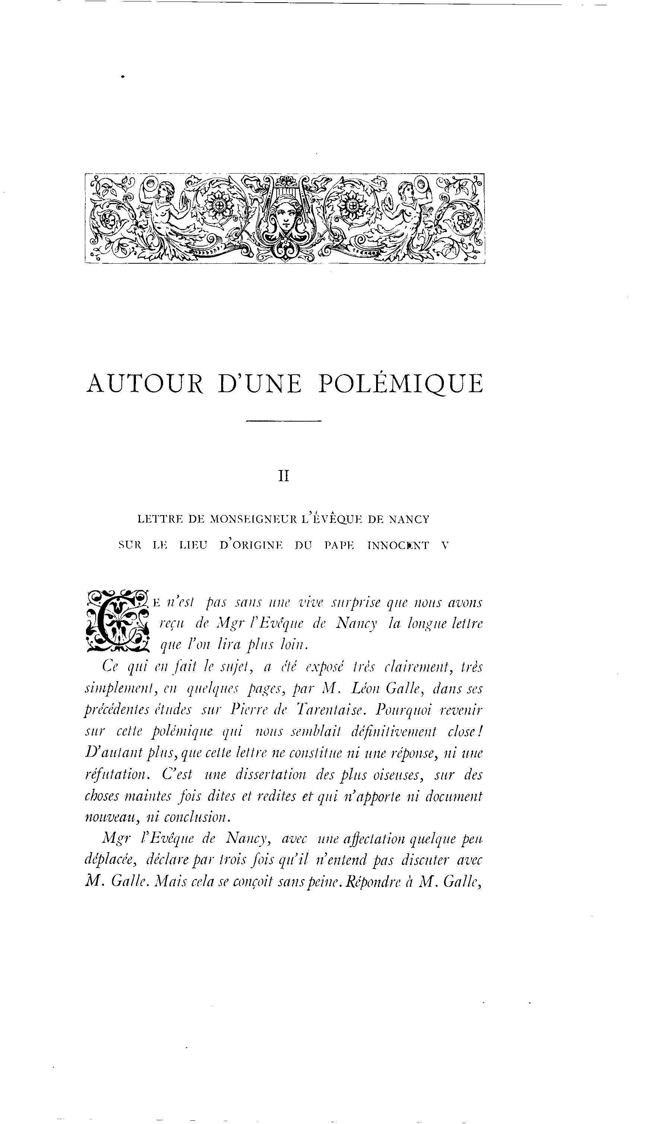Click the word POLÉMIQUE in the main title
coord(400,384)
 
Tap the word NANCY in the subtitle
coord(409,519)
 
